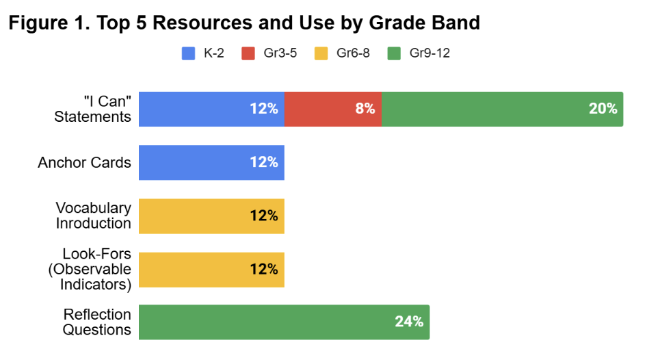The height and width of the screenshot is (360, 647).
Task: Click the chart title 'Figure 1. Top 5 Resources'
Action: click(x=244, y=23)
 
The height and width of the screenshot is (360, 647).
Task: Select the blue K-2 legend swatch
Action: click(x=188, y=53)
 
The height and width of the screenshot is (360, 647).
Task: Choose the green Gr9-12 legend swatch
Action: click(x=393, y=53)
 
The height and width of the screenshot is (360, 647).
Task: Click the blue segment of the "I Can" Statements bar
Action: click(x=198, y=109)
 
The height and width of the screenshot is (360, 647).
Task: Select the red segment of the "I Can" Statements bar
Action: click(x=321, y=109)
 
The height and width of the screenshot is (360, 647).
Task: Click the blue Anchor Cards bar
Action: click(x=198, y=162)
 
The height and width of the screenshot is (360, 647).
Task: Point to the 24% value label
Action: click(x=409, y=322)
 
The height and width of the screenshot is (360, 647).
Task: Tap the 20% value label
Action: click(x=603, y=109)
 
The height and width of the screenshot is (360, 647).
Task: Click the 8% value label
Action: click(x=365, y=109)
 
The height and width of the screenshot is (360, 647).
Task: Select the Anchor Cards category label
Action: click(x=85, y=162)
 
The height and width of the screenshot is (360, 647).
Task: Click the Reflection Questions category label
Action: click(x=97, y=322)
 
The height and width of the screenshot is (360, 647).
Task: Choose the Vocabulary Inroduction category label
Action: click(x=93, y=216)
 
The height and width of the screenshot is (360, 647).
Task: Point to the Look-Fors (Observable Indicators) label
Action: click(x=90, y=269)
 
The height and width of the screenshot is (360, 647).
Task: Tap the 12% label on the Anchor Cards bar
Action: click(x=264, y=162)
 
